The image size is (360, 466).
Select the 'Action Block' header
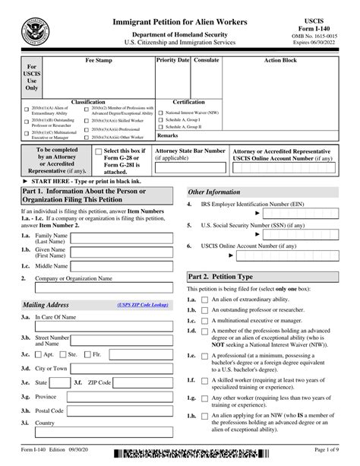(282, 59)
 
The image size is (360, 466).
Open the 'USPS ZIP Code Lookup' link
(143, 305)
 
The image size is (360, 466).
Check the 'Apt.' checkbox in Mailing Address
(39, 355)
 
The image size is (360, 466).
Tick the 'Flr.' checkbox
(87, 355)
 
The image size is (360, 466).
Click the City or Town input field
(121, 368)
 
